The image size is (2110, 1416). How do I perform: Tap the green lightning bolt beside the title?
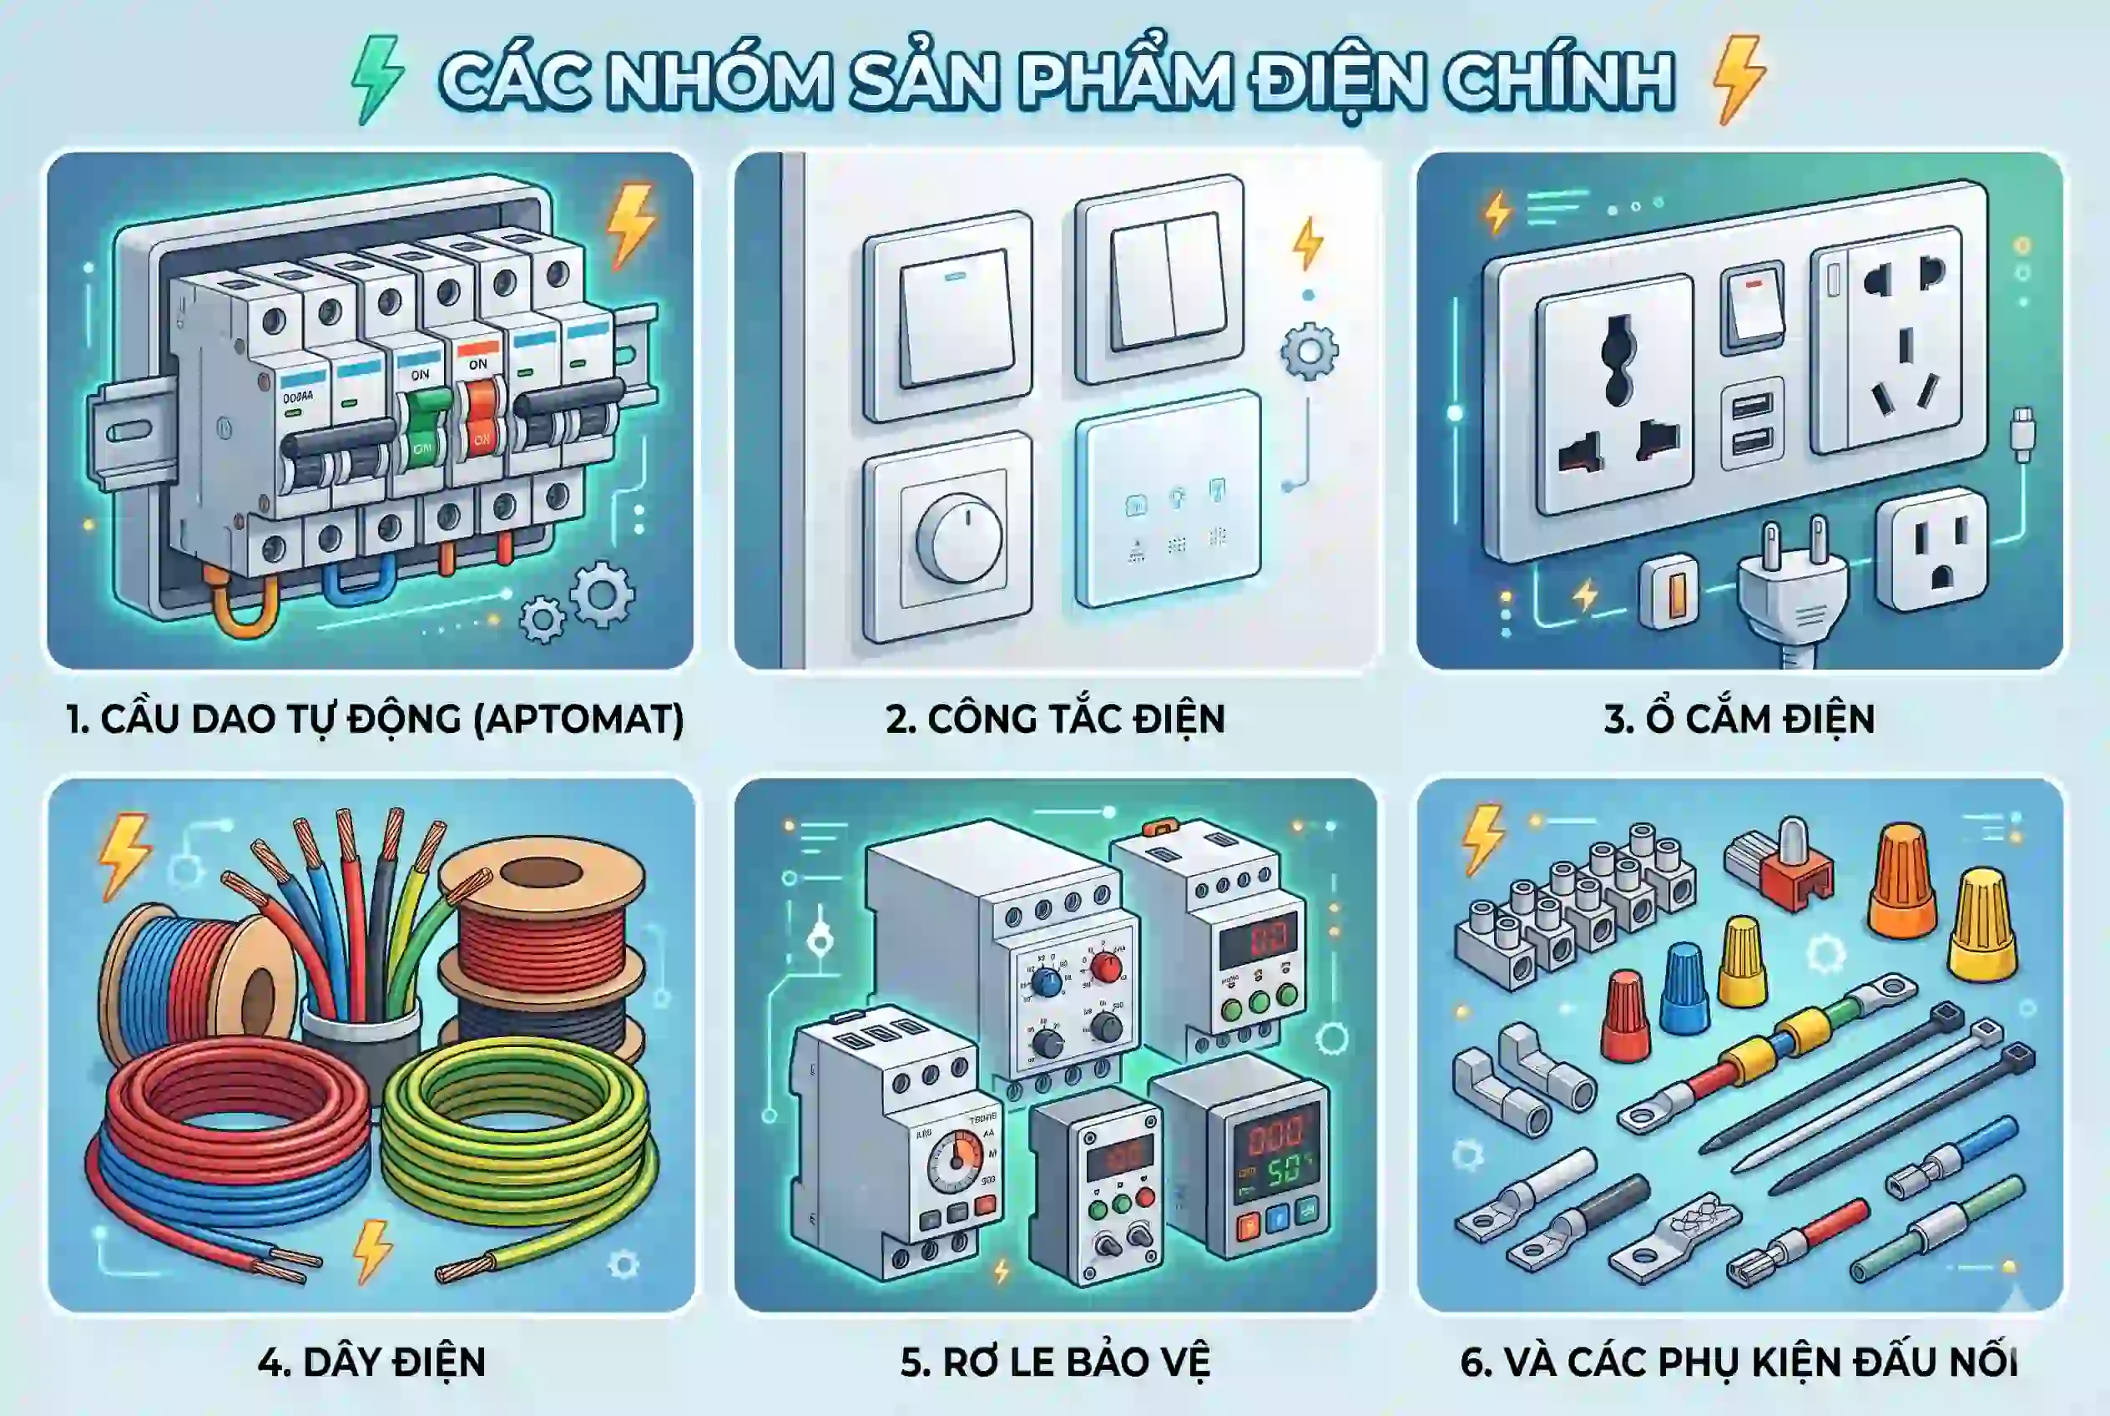pos(376,78)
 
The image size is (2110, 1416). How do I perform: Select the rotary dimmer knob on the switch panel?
pos(958,539)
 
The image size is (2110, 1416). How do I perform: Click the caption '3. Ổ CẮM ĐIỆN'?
pos(1739,720)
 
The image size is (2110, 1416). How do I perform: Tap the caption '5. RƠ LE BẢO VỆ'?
pos(1054,1363)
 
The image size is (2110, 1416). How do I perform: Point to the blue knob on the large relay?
pos(1047,982)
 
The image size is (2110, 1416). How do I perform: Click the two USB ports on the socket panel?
pos(1752,423)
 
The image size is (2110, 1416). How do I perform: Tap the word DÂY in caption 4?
pos(340,1363)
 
